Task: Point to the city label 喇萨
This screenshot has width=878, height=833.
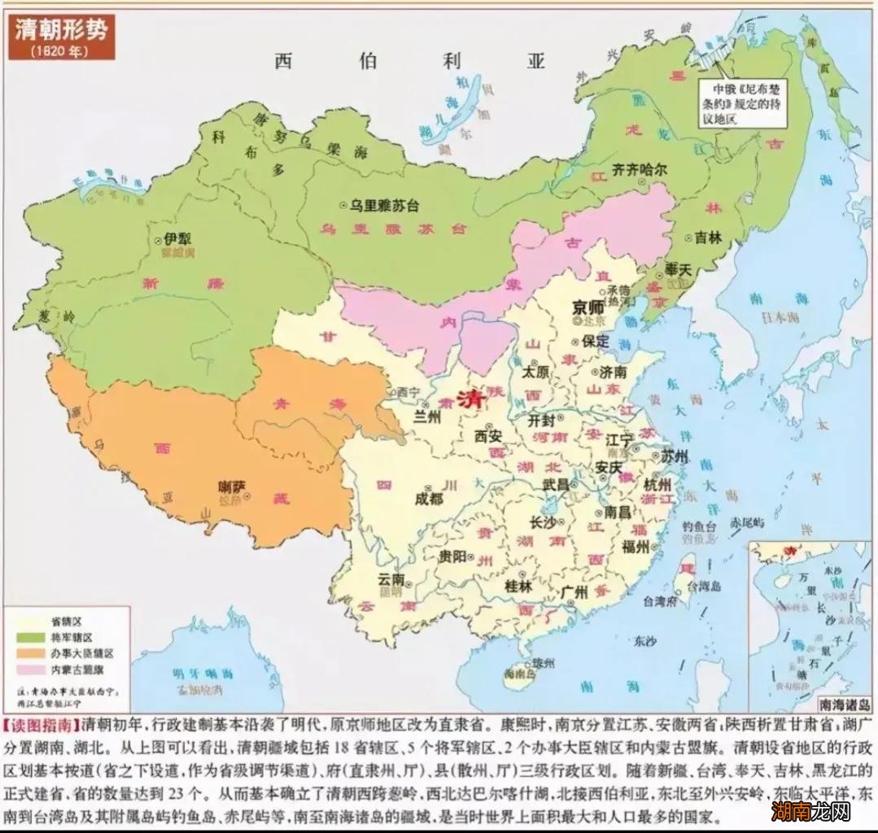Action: tap(233, 487)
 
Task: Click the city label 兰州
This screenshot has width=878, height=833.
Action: tap(427, 416)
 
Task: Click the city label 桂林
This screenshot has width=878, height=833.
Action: tap(518, 585)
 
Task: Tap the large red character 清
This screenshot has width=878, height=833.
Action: tap(470, 400)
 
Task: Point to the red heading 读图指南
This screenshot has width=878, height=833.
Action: tap(41, 722)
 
